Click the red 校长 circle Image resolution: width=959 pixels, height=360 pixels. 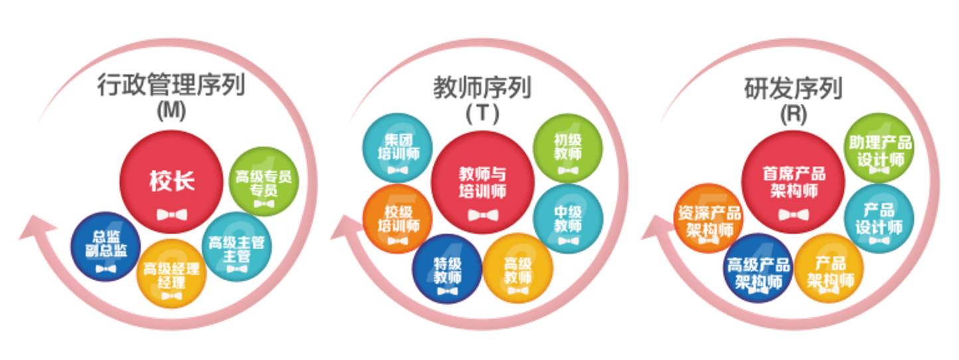click(171, 183)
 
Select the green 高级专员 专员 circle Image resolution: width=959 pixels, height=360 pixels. click(263, 181)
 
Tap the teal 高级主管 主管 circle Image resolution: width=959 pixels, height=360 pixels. click(236, 247)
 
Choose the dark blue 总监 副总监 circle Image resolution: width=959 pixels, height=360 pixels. click(106, 246)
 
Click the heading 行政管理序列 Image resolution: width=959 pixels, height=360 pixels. click(171, 86)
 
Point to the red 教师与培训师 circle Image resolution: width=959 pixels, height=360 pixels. click(483, 183)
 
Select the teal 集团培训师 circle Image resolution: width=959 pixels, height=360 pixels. click(398, 147)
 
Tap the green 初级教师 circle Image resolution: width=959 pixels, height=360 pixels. click(568, 147)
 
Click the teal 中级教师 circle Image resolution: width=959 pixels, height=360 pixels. click(568, 219)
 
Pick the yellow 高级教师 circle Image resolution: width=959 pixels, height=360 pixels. click(517, 268)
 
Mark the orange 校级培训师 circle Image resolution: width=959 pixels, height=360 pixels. click(398, 219)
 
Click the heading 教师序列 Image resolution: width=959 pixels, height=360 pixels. click(482, 87)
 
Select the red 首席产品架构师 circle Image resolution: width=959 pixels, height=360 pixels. click(793, 183)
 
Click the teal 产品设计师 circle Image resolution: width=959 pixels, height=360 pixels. click(879, 219)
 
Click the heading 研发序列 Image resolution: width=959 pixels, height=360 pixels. click(793, 87)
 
